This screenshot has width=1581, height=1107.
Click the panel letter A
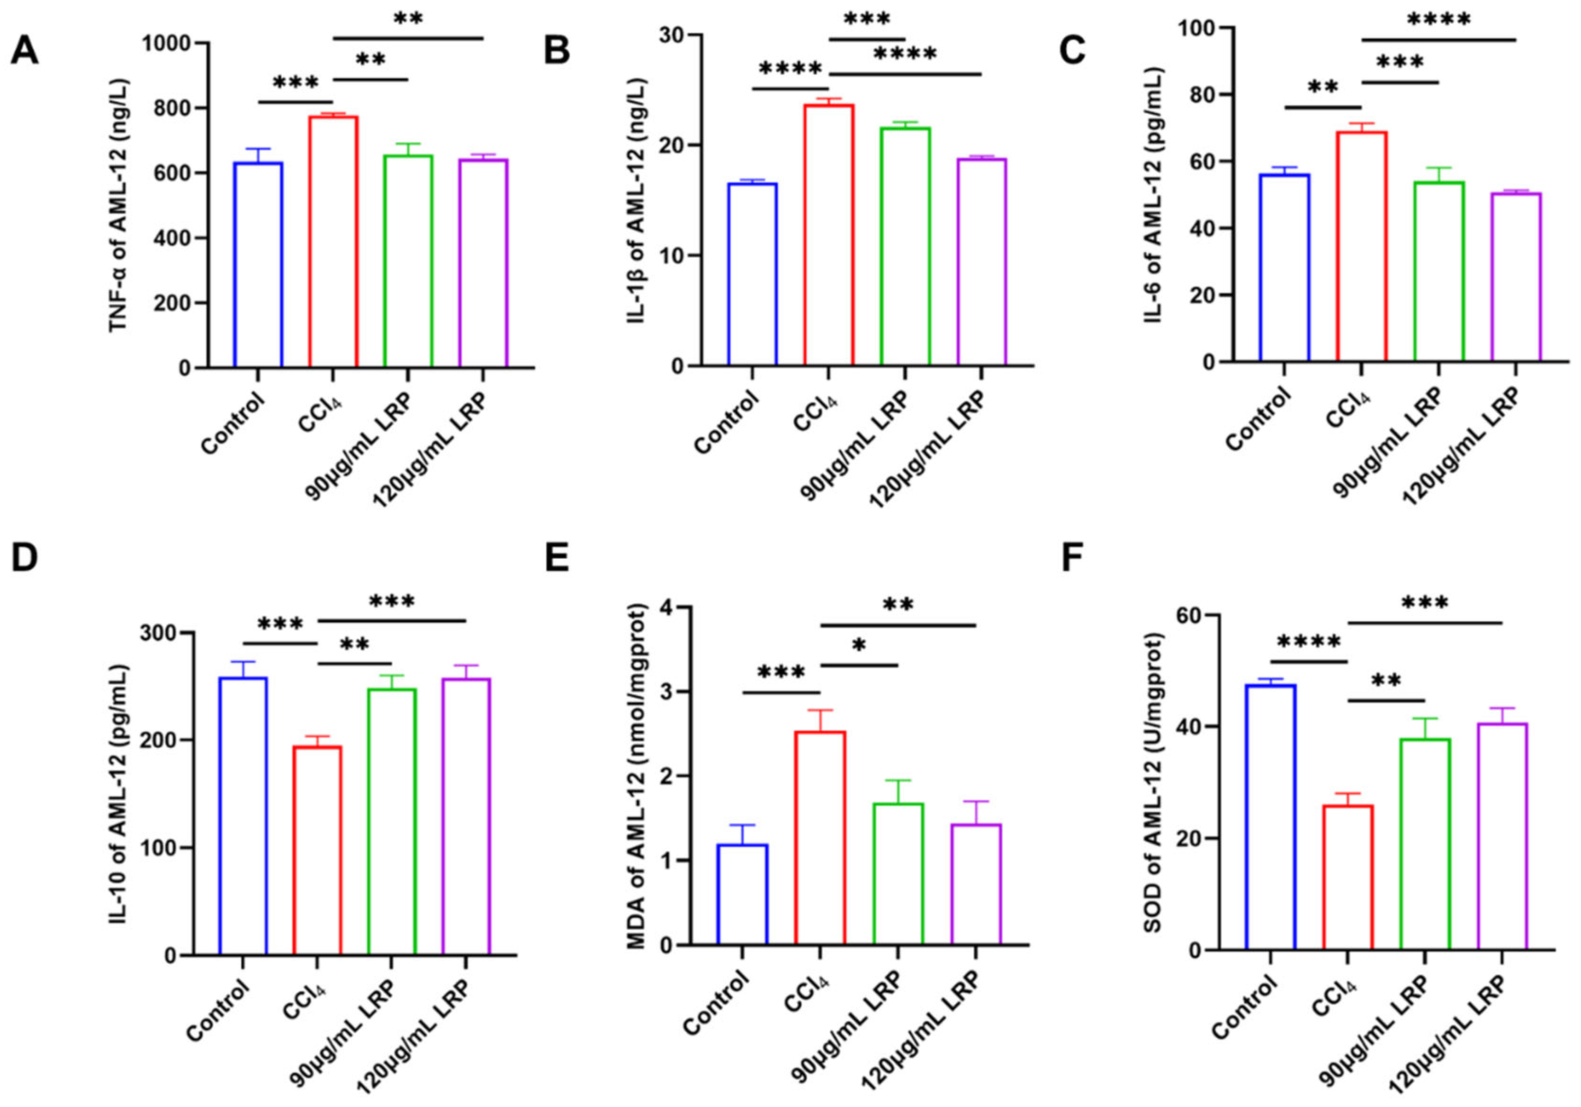[24, 51]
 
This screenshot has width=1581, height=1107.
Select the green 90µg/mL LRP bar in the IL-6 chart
[1438, 272]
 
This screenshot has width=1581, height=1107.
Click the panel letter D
[24, 558]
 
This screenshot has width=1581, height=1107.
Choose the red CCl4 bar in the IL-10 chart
[317, 851]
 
